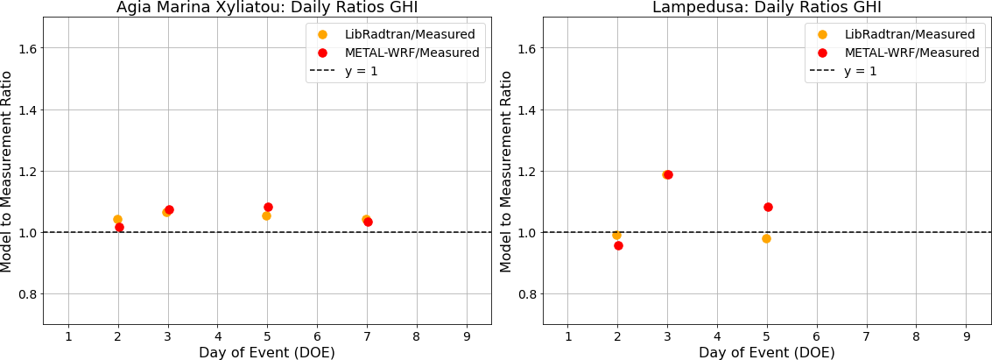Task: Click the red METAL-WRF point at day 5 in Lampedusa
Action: (x=768, y=207)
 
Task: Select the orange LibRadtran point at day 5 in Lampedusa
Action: (x=766, y=238)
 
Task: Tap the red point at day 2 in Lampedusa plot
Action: (x=618, y=245)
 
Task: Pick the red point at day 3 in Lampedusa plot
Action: (x=668, y=174)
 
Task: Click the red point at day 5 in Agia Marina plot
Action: (x=268, y=207)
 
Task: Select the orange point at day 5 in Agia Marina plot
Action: (x=266, y=215)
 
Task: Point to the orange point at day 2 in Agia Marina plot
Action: (x=117, y=220)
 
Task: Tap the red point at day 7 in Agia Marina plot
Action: (x=369, y=222)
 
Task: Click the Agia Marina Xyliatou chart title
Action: (x=267, y=8)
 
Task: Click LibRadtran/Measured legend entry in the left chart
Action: (x=396, y=34)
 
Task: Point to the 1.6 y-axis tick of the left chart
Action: (x=28, y=49)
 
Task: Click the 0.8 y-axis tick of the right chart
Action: (x=528, y=295)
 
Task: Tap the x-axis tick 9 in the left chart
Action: (x=467, y=335)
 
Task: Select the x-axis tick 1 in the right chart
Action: (x=567, y=335)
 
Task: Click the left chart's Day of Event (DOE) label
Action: (x=267, y=351)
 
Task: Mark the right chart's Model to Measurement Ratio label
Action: (x=505, y=171)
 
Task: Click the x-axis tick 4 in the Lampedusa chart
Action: (x=717, y=335)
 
